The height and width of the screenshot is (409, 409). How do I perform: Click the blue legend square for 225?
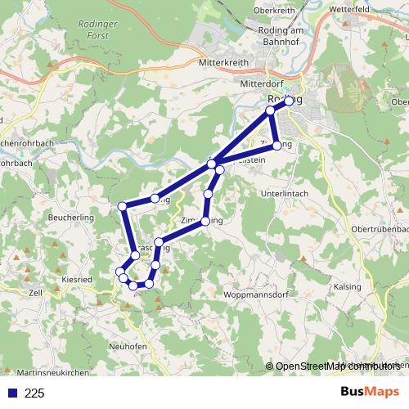(11, 393)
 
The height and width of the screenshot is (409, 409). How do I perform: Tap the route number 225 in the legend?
(34, 393)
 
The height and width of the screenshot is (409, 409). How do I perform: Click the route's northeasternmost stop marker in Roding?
(289, 101)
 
